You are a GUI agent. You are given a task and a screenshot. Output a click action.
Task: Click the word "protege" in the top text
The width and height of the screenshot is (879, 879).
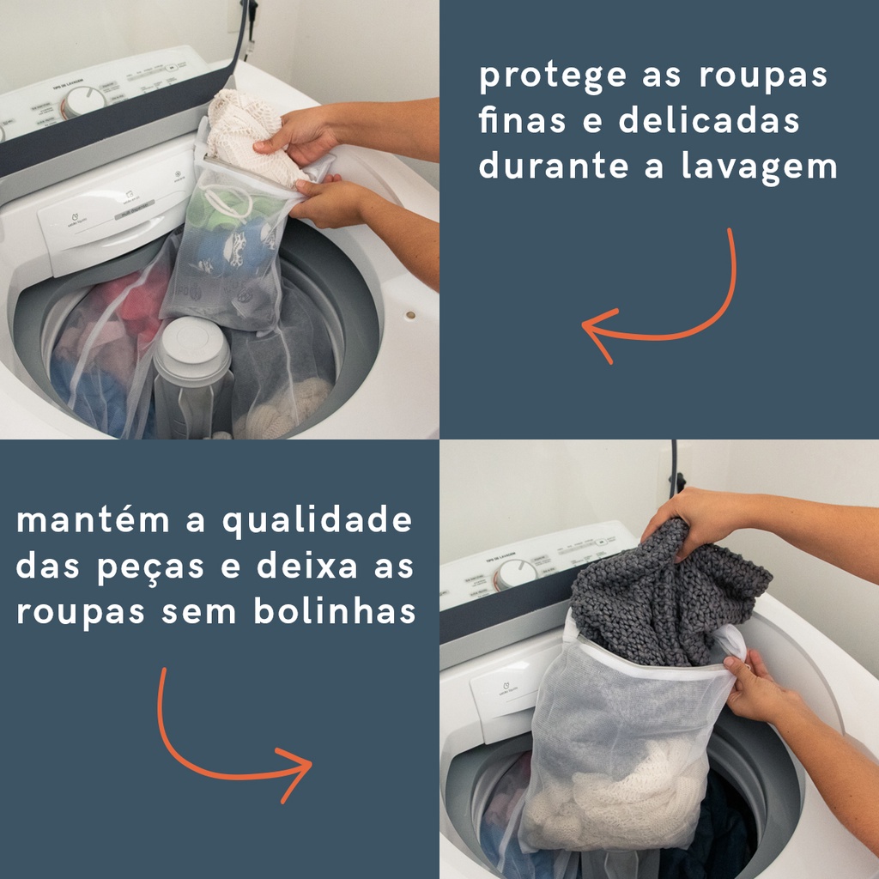pos(552,76)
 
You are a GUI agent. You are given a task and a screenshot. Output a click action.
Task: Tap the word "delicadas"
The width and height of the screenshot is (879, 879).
pos(708,120)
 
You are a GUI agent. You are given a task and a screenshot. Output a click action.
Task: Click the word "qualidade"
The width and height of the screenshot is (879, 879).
pos(318,521)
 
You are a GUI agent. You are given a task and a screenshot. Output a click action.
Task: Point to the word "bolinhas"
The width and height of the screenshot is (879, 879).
pos(335,610)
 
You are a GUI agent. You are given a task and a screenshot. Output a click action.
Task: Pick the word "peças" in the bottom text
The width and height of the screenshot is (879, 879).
pos(150,568)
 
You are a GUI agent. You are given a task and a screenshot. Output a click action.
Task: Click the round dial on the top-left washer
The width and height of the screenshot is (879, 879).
pos(82,102)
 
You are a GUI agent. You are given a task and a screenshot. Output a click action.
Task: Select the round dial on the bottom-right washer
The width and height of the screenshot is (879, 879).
pos(516,574)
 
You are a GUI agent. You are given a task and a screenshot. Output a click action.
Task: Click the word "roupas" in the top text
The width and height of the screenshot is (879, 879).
pos(763,76)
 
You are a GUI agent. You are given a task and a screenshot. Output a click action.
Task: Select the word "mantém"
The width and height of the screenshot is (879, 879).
pos(93,519)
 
